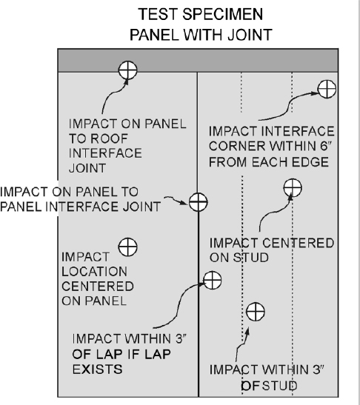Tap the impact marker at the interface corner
325,90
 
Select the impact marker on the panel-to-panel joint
198,201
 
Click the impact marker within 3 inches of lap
212,280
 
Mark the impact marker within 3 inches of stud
254,311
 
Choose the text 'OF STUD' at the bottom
270,385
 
